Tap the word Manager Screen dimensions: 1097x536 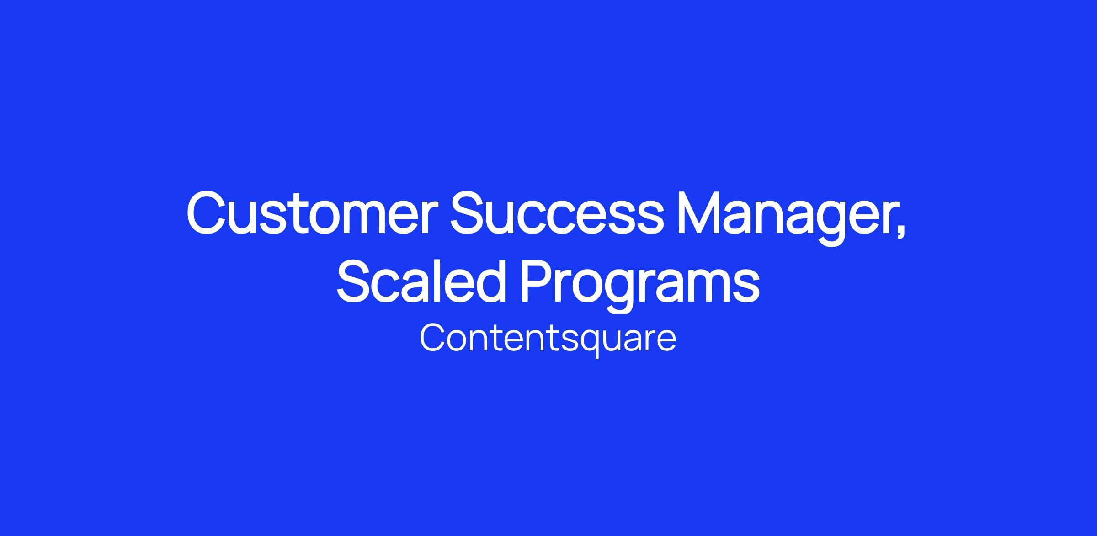[x=783, y=219]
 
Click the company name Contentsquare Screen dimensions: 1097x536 [x=548, y=340]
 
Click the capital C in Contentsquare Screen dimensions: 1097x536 [x=433, y=338]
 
